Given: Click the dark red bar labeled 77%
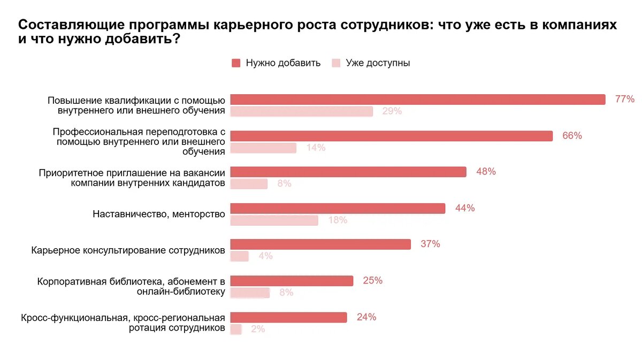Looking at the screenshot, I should pos(417,99).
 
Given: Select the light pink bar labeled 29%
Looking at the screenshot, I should pos(301,111).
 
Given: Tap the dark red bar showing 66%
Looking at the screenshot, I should pos(391,136).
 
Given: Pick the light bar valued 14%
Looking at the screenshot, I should pos(263,148).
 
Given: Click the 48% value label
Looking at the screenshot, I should pos(486,172).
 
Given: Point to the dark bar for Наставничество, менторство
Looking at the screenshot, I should pos(338,208).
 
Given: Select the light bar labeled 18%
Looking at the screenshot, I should pos(274,220).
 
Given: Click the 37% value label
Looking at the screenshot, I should pos(430,244).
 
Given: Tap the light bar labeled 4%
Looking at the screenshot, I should pos(240,256).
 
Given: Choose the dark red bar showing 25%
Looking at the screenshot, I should pos(292,281).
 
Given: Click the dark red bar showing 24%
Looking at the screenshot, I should pos(288,317).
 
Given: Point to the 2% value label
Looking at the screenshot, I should pos(258,329).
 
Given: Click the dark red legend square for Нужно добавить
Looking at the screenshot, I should pos(236,63).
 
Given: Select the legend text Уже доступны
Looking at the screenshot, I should pos(378,63).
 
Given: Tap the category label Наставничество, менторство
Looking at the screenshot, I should pos(158,214).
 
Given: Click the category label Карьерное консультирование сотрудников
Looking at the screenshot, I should pos(128,250).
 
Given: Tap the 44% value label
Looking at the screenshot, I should pos(465,208).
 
